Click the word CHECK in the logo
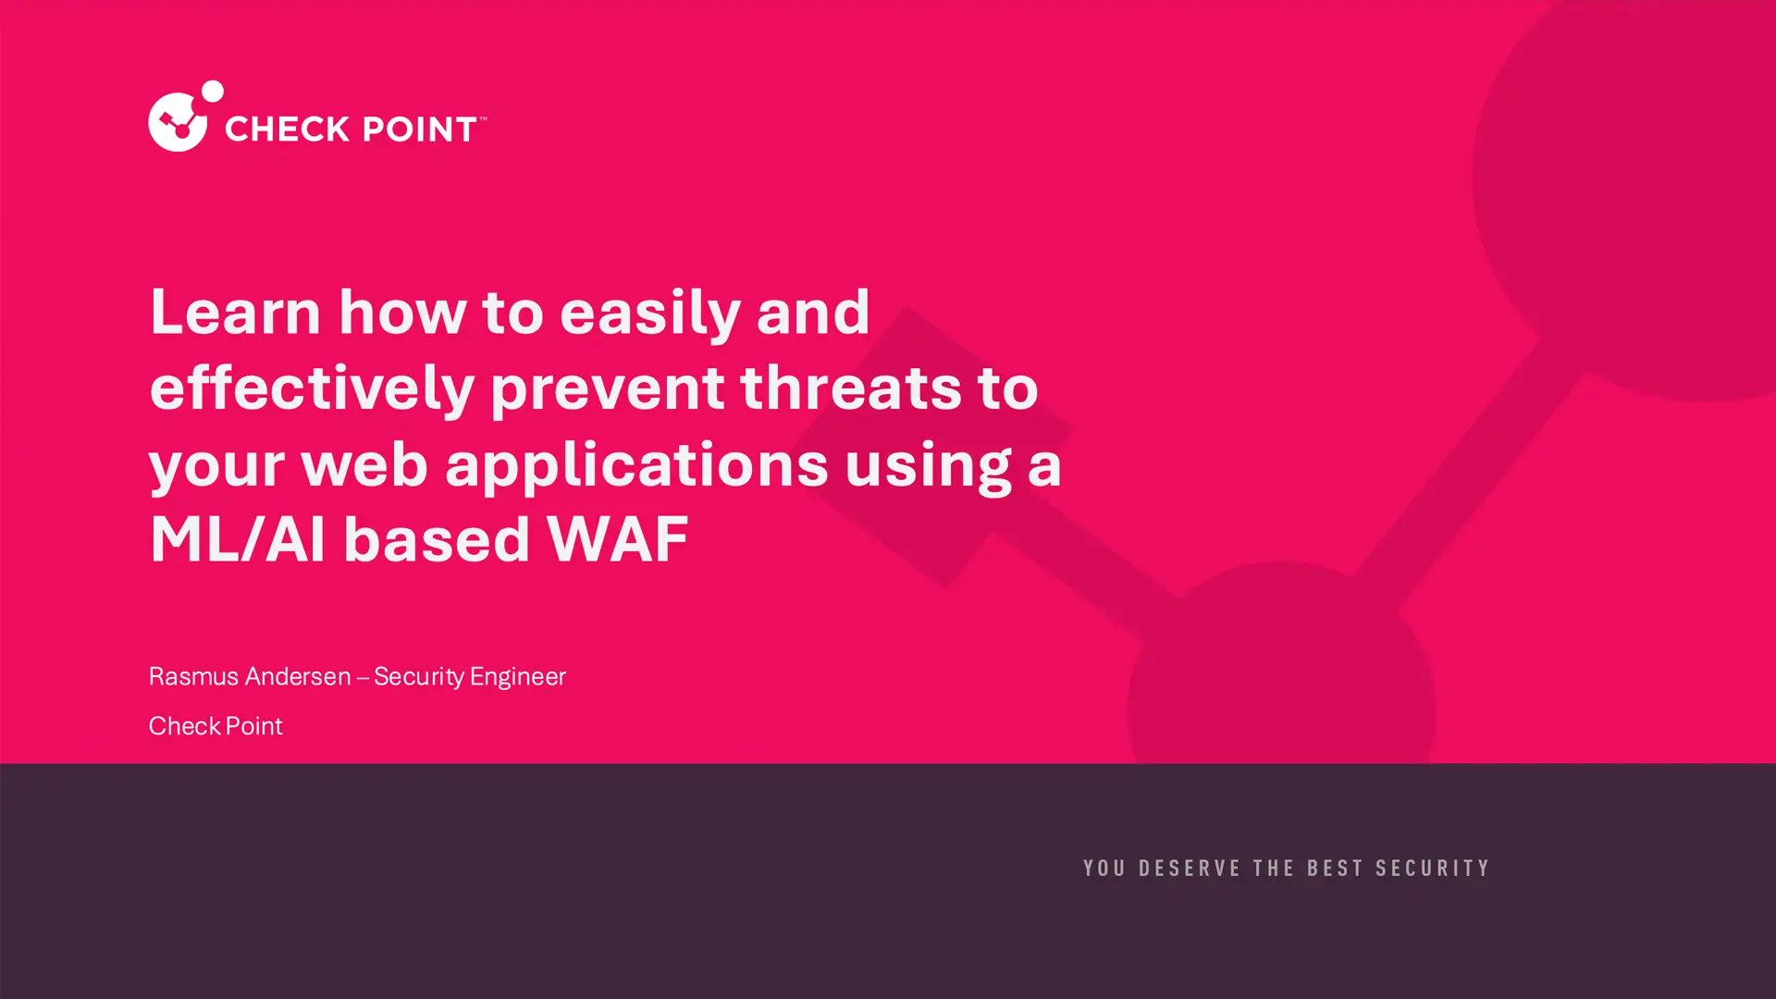(282, 129)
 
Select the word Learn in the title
(236, 312)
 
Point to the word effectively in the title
(312, 388)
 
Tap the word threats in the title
(851, 388)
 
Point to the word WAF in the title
(618, 539)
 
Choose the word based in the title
(437, 539)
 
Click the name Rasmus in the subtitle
(194, 676)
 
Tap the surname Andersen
(299, 676)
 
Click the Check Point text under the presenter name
(216, 726)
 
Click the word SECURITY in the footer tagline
(1433, 869)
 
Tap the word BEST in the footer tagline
(1335, 869)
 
